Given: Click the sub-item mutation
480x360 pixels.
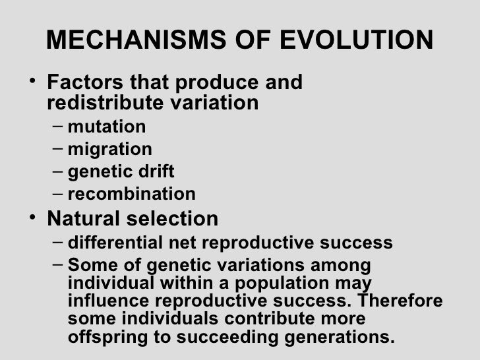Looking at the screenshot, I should pyautogui.click(x=107, y=126).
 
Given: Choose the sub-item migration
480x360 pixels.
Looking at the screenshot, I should pyautogui.click(x=109, y=149).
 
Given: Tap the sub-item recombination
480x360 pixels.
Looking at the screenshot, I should pyautogui.click(x=131, y=195).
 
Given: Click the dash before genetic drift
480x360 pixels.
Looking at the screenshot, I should pyautogui.click(x=57, y=171).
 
